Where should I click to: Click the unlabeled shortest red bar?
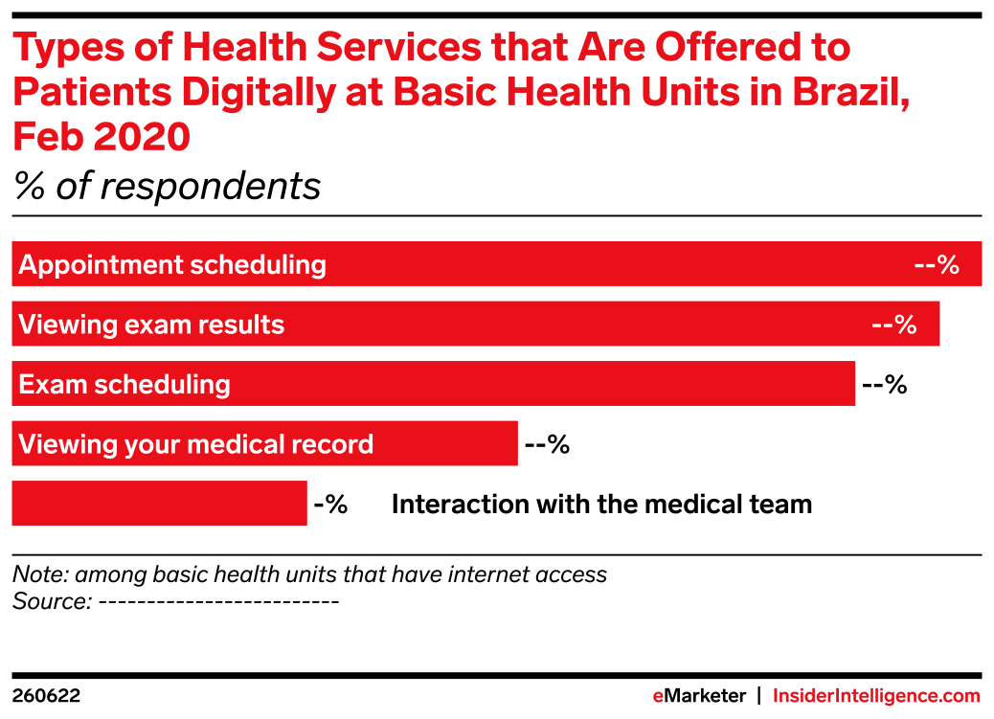point(159,504)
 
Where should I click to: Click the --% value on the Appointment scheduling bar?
point(936,265)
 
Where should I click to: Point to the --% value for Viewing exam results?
point(893,325)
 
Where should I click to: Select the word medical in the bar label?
point(235,444)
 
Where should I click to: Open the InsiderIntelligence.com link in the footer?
point(876,696)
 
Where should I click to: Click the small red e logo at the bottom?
point(658,697)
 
